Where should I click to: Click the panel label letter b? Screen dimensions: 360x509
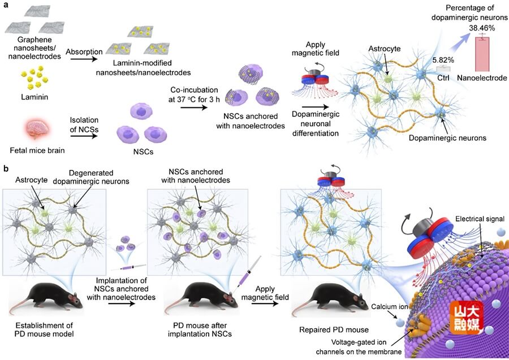pyautogui.click(x=5, y=168)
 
